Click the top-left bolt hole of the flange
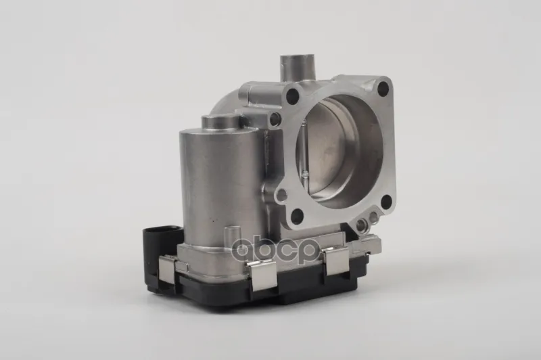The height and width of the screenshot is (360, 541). [293, 94]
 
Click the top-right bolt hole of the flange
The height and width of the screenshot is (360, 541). [383, 89]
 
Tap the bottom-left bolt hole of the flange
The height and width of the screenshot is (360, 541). [298, 217]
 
